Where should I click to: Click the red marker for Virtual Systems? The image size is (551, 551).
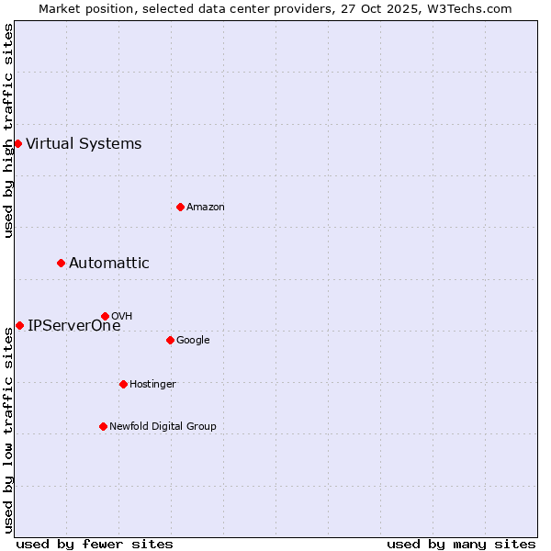(x=17, y=143)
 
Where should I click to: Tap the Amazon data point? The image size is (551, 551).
(x=180, y=207)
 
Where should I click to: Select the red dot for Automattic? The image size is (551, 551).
(x=62, y=264)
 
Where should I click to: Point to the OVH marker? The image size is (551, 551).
(x=105, y=316)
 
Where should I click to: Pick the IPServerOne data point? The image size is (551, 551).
(x=19, y=325)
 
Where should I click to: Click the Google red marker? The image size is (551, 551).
(x=170, y=340)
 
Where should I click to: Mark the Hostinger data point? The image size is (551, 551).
(x=123, y=384)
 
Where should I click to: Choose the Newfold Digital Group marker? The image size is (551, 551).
(x=103, y=426)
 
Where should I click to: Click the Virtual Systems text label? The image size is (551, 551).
(x=84, y=143)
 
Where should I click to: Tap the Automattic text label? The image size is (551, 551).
(x=108, y=264)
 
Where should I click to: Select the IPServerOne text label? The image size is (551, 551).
(x=73, y=325)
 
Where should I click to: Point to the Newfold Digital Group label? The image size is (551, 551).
(x=163, y=426)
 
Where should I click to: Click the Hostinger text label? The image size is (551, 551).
(x=152, y=384)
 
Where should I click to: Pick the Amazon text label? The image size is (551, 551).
(x=205, y=207)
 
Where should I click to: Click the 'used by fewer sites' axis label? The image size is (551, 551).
(x=95, y=544)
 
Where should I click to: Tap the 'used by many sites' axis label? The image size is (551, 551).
(x=461, y=544)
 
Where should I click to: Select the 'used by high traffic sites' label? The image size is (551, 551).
(x=8, y=130)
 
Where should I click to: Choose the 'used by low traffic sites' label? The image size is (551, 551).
(x=8, y=430)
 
